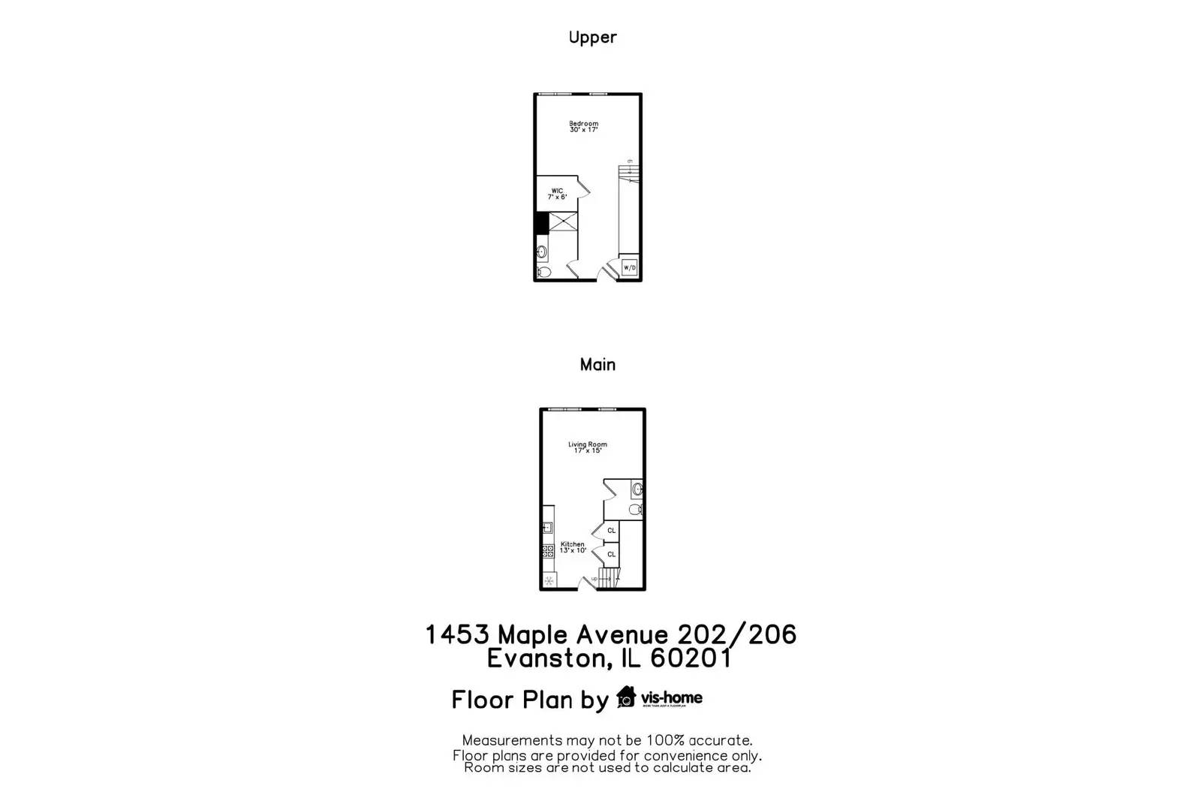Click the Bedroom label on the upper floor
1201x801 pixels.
[x=583, y=126]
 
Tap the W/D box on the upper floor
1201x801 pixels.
[x=629, y=268]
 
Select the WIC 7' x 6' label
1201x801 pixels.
[x=557, y=194]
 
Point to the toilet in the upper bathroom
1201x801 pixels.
[x=543, y=272]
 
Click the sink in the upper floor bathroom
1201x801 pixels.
[x=542, y=251]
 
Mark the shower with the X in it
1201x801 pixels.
[x=563, y=221]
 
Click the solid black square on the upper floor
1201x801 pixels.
[x=541, y=223]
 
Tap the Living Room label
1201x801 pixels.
[x=587, y=447]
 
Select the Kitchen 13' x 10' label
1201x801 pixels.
[x=572, y=547]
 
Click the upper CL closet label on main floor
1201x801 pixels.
[x=611, y=531]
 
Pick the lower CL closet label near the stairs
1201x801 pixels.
[x=611, y=555]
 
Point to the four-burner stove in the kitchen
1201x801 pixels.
[x=546, y=551]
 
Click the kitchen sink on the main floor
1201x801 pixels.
[x=547, y=528]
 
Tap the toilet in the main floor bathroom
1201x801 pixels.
[x=635, y=510]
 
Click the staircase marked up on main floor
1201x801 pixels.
[x=610, y=578]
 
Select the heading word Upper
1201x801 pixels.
[x=592, y=38]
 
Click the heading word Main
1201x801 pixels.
[x=597, y=365]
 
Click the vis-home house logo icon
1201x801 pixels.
[x=625, y=697]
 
